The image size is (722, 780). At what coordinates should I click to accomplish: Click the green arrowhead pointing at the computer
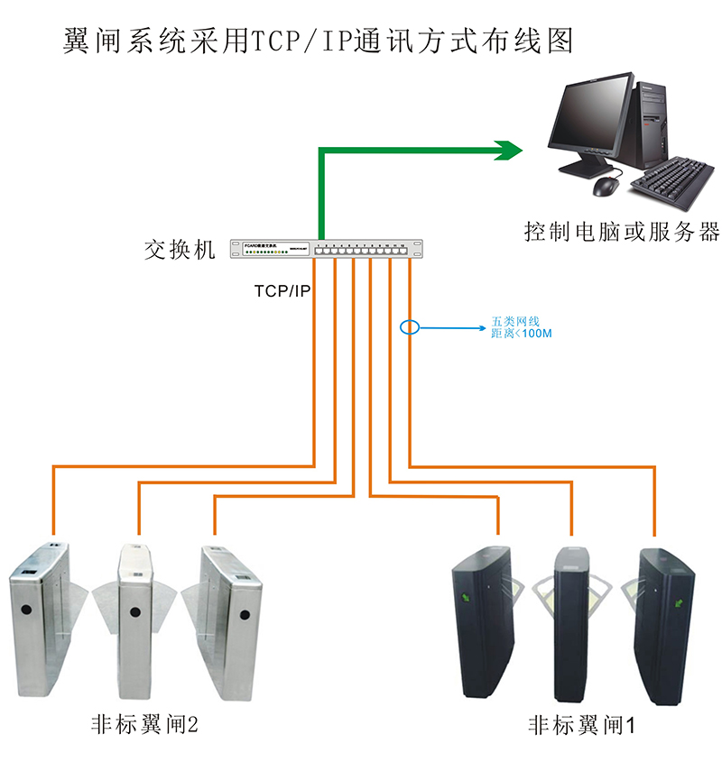point(507,148)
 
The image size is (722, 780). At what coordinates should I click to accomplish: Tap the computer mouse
point(605,186)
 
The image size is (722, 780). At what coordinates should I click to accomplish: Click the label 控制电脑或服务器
point(622,232)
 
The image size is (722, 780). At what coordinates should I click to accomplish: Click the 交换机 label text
point(180,250)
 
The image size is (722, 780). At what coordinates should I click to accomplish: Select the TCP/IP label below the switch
point(282,291)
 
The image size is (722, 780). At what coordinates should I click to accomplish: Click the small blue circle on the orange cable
point(410,326)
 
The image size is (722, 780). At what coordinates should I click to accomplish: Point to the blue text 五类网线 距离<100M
point(520,327)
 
